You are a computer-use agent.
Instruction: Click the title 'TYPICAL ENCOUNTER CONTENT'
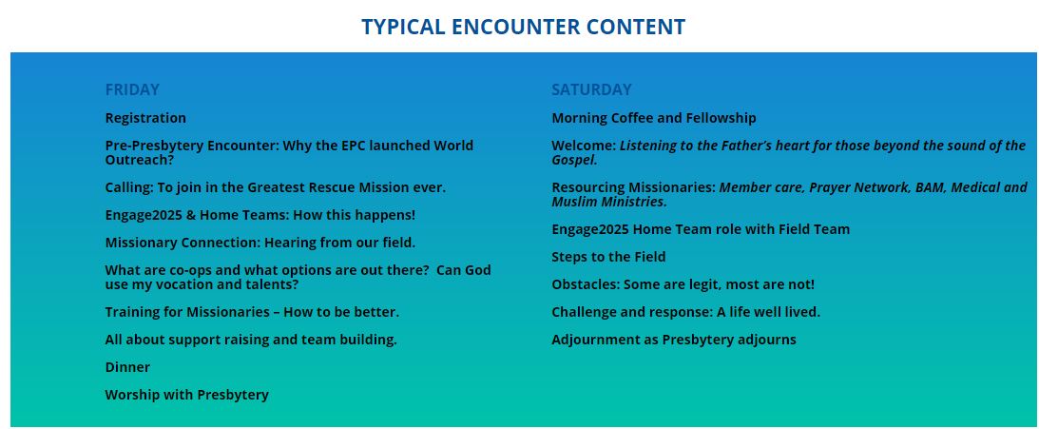coord(523,27)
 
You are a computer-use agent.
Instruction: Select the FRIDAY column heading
coord(132,89)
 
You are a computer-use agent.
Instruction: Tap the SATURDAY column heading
coord(591,89)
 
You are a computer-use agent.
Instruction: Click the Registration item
coord(145,118)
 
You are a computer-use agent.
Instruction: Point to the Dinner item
coord(128,366)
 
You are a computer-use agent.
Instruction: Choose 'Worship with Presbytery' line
coord(187,395)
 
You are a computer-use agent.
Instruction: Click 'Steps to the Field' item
coord(609,257)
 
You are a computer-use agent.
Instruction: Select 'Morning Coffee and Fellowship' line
coord(654,118)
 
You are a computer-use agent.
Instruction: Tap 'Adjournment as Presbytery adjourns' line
coord(674,340)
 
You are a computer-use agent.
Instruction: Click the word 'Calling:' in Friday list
coord(129,187)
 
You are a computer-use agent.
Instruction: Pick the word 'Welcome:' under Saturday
coord(584,146)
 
